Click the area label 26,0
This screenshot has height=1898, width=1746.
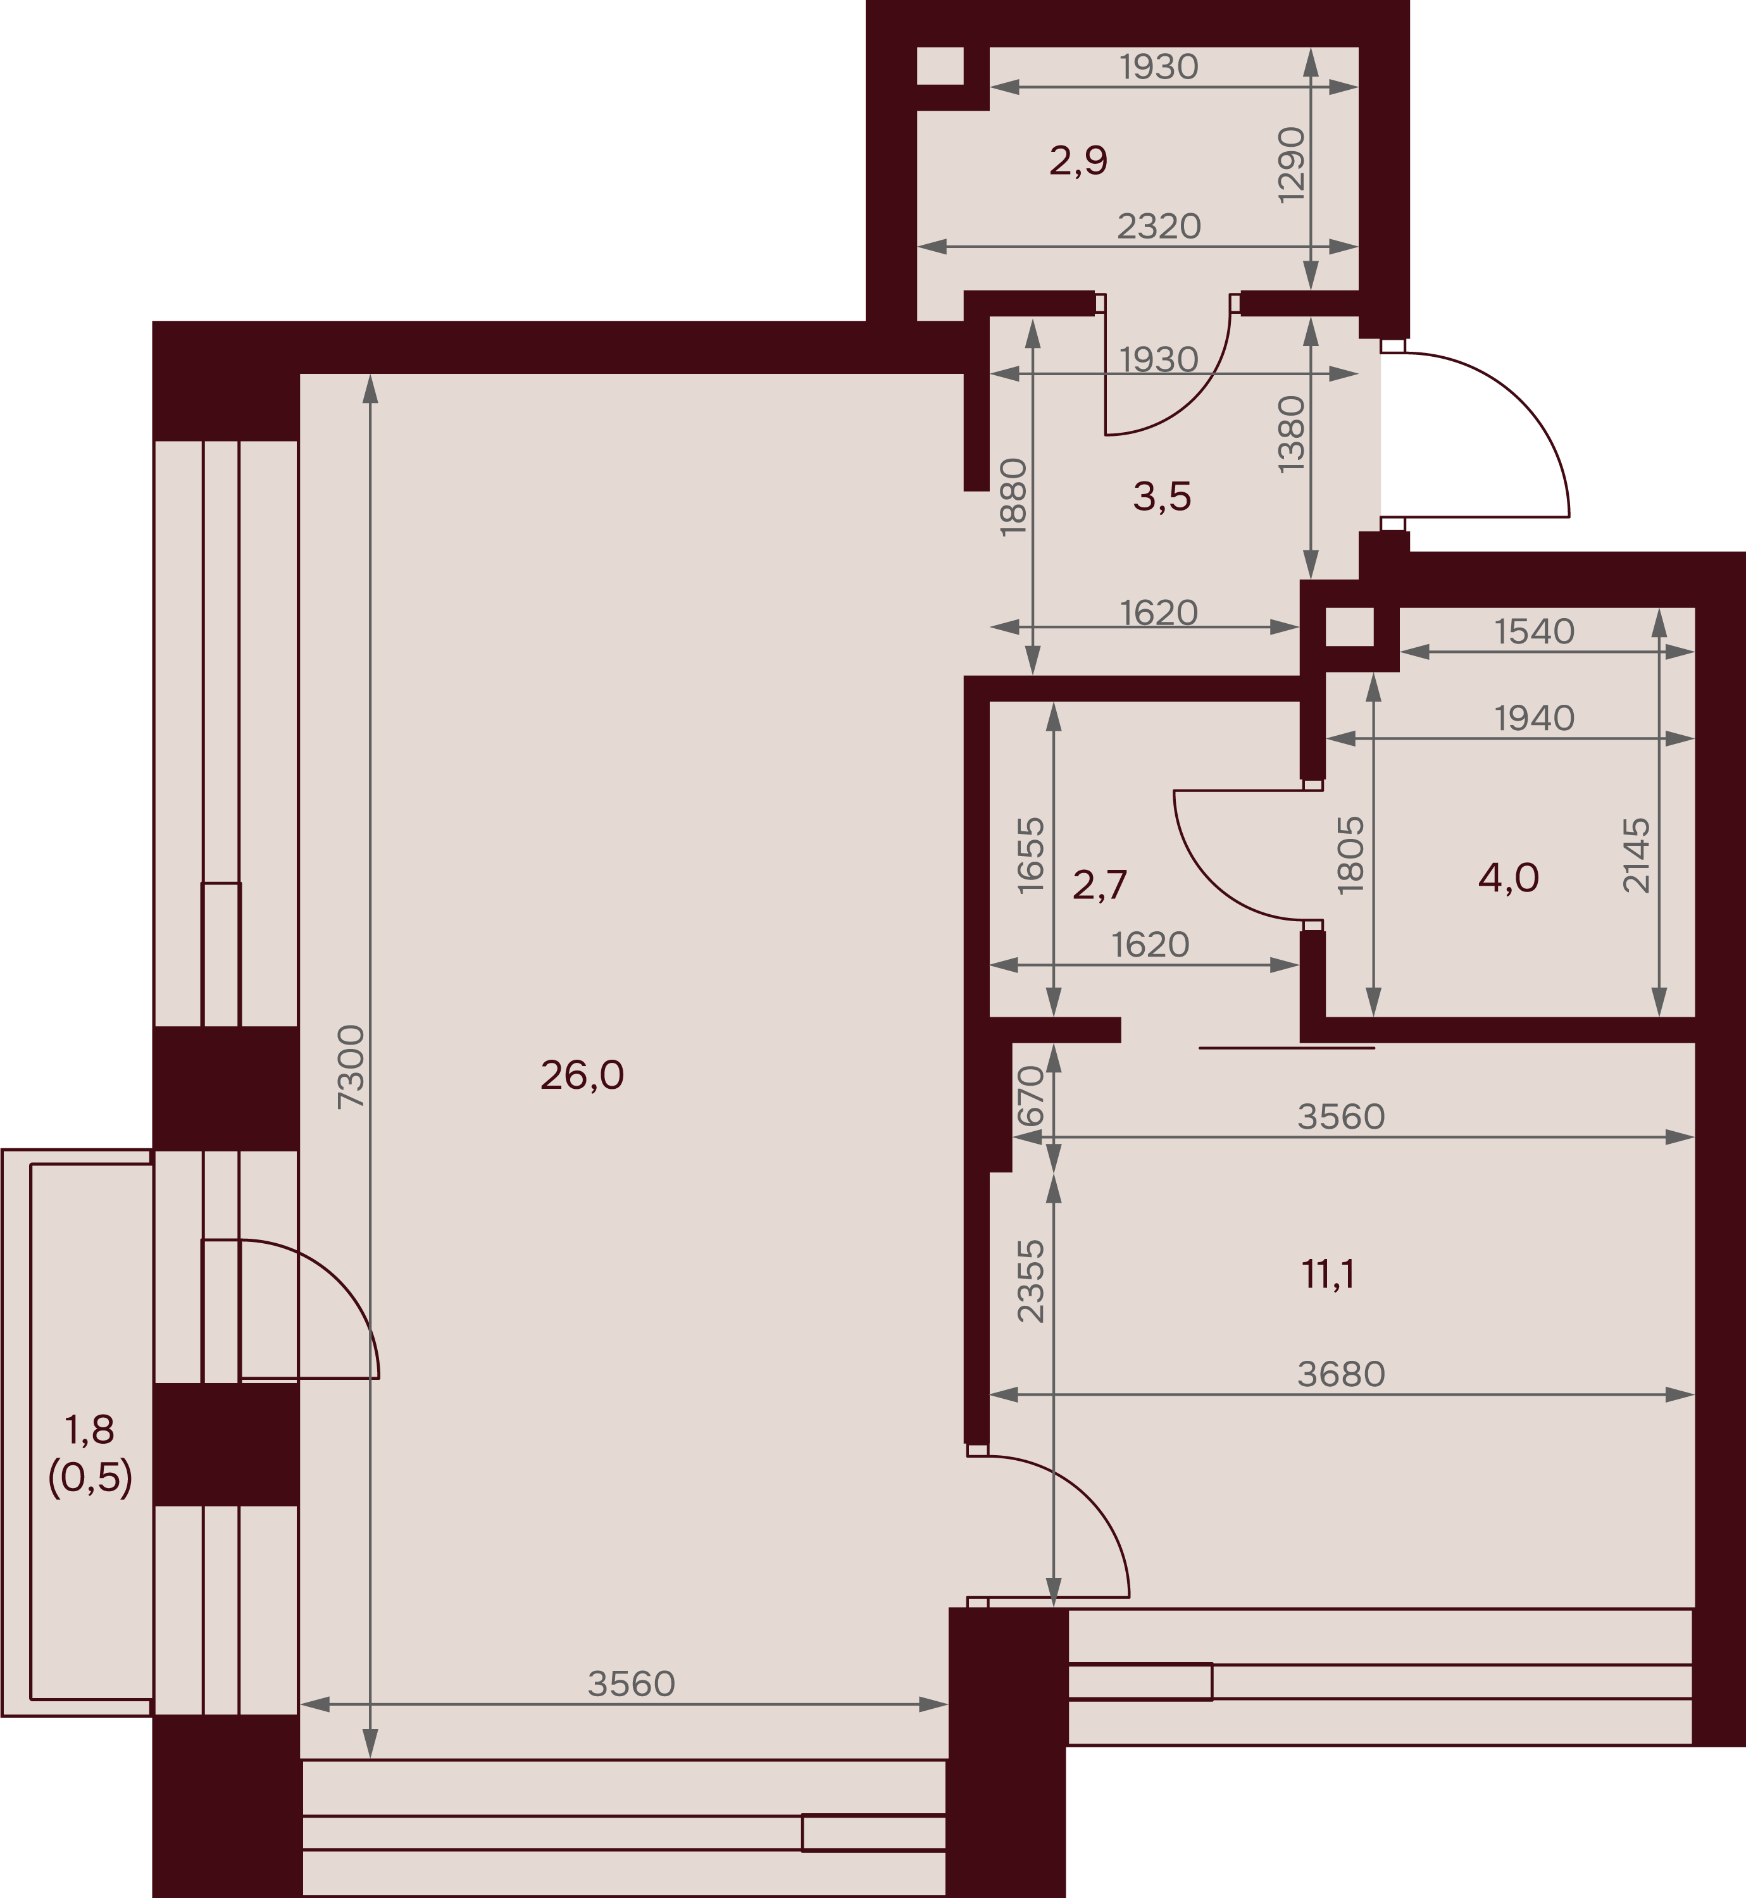[582, 1075]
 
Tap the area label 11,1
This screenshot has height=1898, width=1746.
[1328, 1275]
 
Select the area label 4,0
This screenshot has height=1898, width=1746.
[1508, 879]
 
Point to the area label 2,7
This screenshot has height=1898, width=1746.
[1100, 885]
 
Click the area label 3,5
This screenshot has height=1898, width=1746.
[1162, 496]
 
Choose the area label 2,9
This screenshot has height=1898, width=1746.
[1078, 161]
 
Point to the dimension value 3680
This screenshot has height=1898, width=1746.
[1341, 1374]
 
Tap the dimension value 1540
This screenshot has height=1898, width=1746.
[1535, 631]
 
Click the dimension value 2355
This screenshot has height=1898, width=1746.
[1031, 1281]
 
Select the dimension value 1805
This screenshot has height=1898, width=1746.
[1351, 854]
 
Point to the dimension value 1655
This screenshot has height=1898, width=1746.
[1031, 855]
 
